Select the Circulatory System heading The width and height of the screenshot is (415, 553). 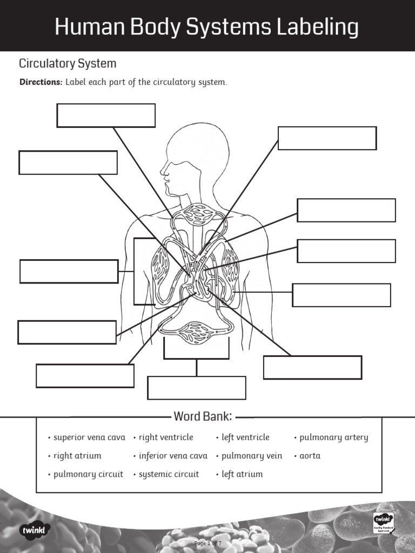[x=68, y=64]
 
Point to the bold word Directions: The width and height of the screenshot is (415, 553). [x=41, y=83]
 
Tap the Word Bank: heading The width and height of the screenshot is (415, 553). [x=203, y=416]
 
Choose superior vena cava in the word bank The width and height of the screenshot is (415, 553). [x=89, y=437]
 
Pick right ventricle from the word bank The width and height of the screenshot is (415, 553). [x=166, y=437]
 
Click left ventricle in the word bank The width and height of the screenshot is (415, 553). [x=245, y=437]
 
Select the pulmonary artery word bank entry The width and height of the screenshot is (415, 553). [x=333, y=437]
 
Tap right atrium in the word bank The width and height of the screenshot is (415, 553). [x=77, y=456]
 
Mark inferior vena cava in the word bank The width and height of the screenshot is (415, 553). [x=173, y=456]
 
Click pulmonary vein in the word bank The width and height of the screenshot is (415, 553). [x=252, y=456]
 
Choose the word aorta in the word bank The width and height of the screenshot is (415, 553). [x=310, y=456]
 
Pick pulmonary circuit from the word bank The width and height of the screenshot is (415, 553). [x=88, y=474]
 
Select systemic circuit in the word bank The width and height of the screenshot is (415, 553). [x=169, y=474]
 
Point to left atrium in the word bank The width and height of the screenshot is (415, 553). [x=242, y=474]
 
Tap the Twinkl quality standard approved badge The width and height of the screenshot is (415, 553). [x=383, y=523]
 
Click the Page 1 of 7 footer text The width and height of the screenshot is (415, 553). [x=208, y=543]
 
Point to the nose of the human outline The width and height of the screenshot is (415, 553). [x=162, y=172]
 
